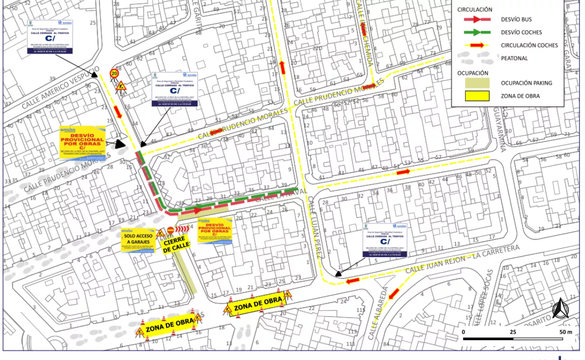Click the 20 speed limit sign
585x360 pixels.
tap(114, 73)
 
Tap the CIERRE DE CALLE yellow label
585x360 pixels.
tap(176, 244)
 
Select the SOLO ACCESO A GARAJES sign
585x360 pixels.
tap(138, 240)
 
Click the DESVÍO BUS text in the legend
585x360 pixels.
tap(516, 20)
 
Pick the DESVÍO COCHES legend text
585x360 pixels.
tap(521, 33)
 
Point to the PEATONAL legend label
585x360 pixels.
tap(514, 59)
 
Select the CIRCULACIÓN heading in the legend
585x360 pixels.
tap(474, 9)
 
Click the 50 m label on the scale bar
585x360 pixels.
tap(565, 332)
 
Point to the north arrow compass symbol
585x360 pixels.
tap(561, 308)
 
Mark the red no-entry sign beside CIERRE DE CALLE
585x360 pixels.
tap(171, 230)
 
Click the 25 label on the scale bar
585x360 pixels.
tap(513, 332)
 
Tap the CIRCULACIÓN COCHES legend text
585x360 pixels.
tap(529, 45)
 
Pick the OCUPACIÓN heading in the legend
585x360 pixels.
tap(472, 73)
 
